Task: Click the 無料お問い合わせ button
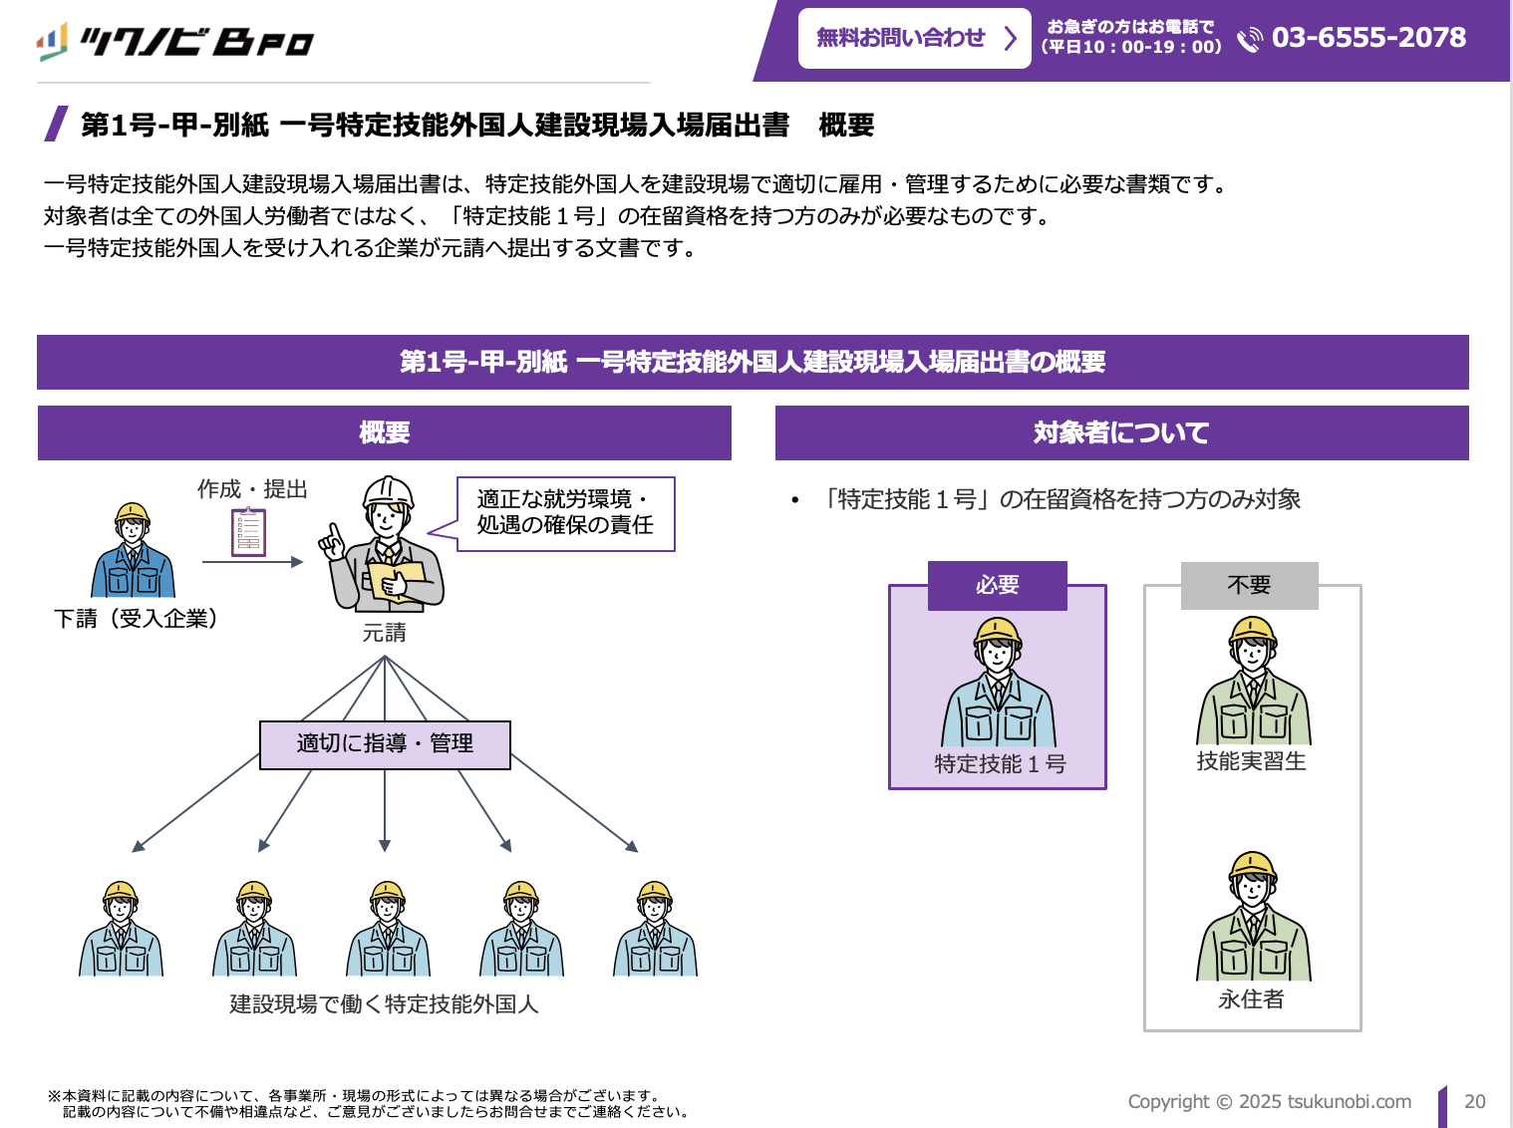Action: point(914,39)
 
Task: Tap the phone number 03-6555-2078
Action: point(1368,38)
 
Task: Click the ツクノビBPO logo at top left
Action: point(175,42)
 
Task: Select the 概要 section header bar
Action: point(385,432)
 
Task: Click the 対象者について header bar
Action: point(1121,432)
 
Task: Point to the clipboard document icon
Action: point(248,532)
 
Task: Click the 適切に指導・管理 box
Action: point(385,744)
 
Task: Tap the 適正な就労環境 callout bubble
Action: point(565,512)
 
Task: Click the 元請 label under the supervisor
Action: point(384,633)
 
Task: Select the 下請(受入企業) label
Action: point(136,619)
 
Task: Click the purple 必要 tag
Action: point(997,585)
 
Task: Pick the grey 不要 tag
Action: point(1249,585)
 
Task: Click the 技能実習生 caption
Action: point(1251,761)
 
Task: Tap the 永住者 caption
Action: point(1251,999)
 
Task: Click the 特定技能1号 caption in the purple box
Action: point(1000,764)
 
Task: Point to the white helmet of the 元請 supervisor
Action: point(388,489)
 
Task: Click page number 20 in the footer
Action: point(1474,1101)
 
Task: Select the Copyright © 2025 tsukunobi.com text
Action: point(1269,1101)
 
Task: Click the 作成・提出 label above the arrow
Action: point(252,489)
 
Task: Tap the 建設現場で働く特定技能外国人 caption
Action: point(384,1004)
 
